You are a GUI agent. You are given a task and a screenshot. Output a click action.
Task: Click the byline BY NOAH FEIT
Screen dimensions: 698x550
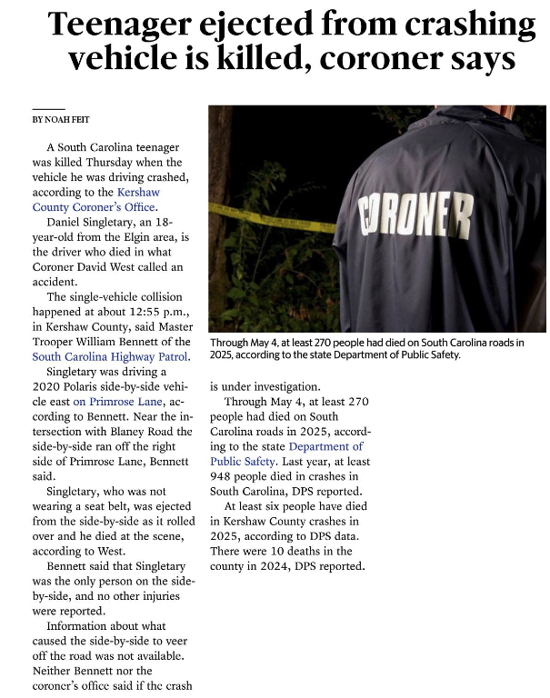point(60,119)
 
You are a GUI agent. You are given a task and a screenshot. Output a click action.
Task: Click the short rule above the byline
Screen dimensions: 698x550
point(48,108)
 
